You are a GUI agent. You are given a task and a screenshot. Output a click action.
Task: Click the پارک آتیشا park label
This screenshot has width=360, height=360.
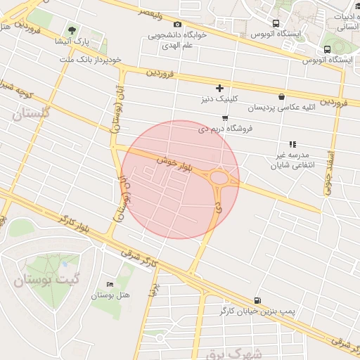point(72,41)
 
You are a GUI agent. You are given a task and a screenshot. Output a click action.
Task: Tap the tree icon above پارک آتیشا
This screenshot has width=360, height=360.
point(72,30)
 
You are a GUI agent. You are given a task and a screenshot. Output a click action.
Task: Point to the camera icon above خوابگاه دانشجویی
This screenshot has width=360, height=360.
point(177,25)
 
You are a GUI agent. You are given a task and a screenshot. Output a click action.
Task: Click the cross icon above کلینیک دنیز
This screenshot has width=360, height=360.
point(220,88)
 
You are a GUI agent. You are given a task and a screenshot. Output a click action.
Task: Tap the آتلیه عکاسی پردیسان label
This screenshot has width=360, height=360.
point(281,108)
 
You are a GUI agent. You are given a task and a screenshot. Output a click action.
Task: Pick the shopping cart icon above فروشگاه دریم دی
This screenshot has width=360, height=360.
point(225,117)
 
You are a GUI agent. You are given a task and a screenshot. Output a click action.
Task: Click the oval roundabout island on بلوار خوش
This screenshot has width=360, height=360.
point(222,179)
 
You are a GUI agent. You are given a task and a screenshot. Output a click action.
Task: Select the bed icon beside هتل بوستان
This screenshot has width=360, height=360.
point(109,283)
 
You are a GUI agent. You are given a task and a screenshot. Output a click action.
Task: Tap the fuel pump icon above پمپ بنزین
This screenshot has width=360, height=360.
point(257,300)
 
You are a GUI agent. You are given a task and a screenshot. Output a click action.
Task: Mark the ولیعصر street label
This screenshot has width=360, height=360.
point(153,13)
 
